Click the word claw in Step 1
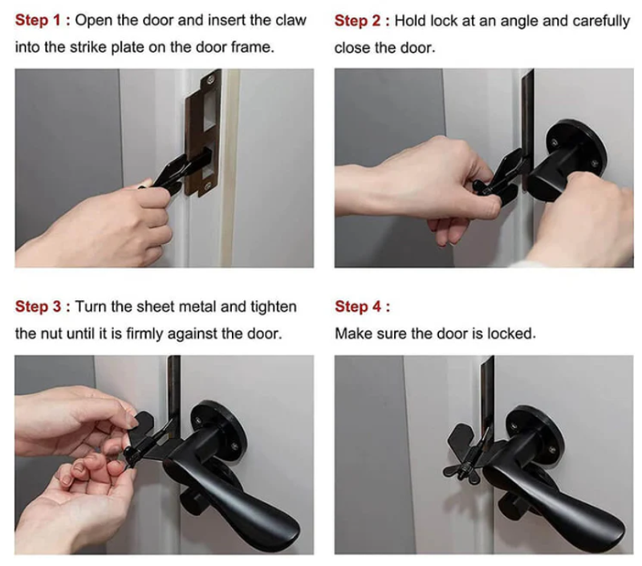coord(291,21)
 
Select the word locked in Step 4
coord(511,334)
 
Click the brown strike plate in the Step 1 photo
coord(203,133)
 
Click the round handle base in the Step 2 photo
coord(577,147)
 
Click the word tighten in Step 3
coord(274,307)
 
